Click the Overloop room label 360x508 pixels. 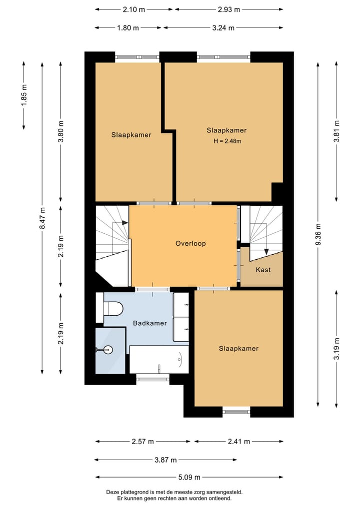point(190,243)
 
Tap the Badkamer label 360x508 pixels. point(150,323)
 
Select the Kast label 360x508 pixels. point(263,270)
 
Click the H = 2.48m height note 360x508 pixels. point(227,141)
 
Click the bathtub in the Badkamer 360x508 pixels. point(159,359)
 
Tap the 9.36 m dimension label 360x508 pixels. point(318,234)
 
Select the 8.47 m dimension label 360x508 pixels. point(42,218)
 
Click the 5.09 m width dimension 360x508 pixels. point(189,477)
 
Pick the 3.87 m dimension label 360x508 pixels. point(165,460)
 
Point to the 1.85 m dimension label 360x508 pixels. point(24,95)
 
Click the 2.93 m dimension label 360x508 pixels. point(229,9)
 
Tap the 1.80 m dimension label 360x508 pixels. point(128,28)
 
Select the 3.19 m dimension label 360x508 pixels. point(336,348)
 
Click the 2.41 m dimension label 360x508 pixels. point(239,441)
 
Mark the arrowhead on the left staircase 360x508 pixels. point(125,223)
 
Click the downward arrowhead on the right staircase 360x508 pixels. point(266,251)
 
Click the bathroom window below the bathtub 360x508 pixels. point(153,377)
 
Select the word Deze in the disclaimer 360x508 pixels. point(111,492)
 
